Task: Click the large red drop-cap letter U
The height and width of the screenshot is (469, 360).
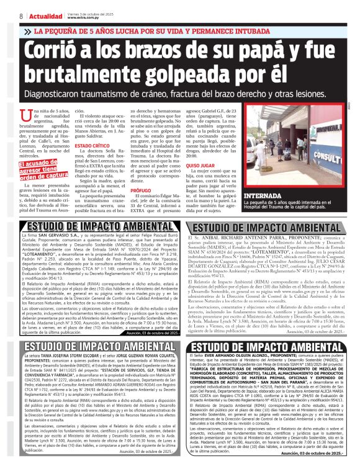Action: (26, 115)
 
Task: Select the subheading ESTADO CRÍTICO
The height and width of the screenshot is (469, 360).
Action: (92, 146)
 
